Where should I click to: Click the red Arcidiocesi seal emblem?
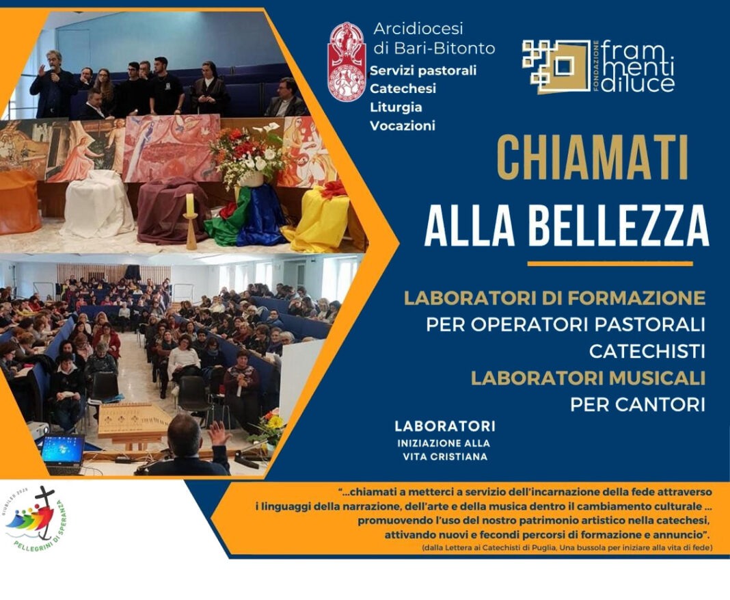pos(347,62)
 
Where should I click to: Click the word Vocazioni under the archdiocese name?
pos(402,125)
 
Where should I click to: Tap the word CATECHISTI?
pos(647,352)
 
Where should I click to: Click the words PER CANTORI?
pos(637,404)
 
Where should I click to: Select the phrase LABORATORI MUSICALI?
pos(588,378)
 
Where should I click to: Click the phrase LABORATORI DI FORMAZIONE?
pos(554,298)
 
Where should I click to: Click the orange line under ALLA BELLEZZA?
pos(610,263)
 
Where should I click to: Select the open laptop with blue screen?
pos(62,452)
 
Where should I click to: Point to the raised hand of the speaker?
pos(218,433)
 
